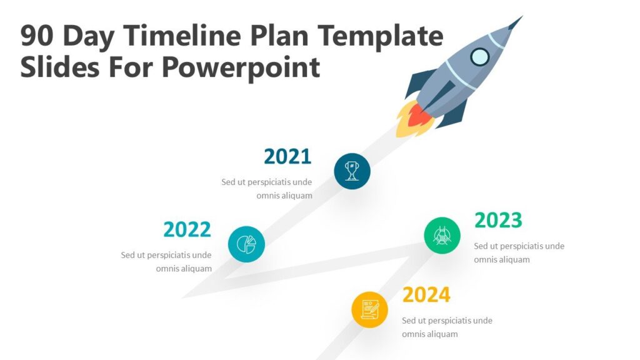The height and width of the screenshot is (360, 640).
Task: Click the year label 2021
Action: click(x=287, y=157)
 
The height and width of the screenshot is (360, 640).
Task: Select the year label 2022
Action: click(x=187, y=230)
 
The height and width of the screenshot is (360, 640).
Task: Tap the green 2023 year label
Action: click(x=498, y=221)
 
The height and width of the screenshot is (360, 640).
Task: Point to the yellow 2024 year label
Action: click(x=426, y=294)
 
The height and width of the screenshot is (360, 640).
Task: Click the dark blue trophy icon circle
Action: click(x=352, y=171)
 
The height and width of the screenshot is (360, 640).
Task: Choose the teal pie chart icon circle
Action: click(x=246, y=244)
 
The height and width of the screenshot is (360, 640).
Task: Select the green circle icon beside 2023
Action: click(x=442, y=236)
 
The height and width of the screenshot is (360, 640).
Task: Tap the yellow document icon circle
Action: click(x=369, y=309)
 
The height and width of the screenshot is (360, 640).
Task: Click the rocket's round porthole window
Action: click(x=479, y=57)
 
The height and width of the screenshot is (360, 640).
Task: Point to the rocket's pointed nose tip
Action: click(x=518, y=20)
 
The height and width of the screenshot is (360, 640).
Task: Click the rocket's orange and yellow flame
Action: click(x=412, y=121)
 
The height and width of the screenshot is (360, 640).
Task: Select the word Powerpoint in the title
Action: click(x=241, y=67)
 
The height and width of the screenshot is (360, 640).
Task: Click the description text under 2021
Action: click(x=267, y=189)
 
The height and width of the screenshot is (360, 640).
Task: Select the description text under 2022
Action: click(x=166, y=262)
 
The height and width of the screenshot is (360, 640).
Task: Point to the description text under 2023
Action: click(x=519, y=252)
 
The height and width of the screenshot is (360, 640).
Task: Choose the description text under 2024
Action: click(x=447, y=327)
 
